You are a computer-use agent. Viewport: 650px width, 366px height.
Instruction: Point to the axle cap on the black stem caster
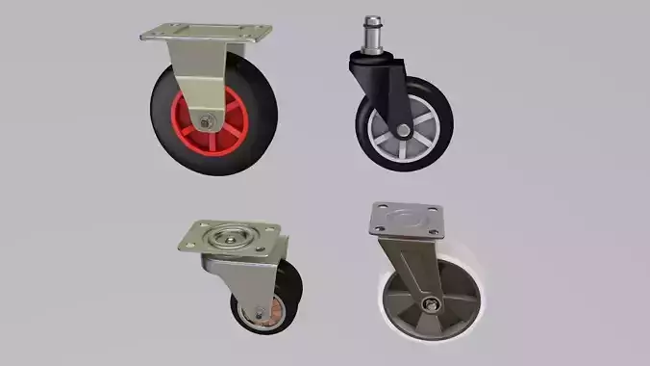[401, 126]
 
